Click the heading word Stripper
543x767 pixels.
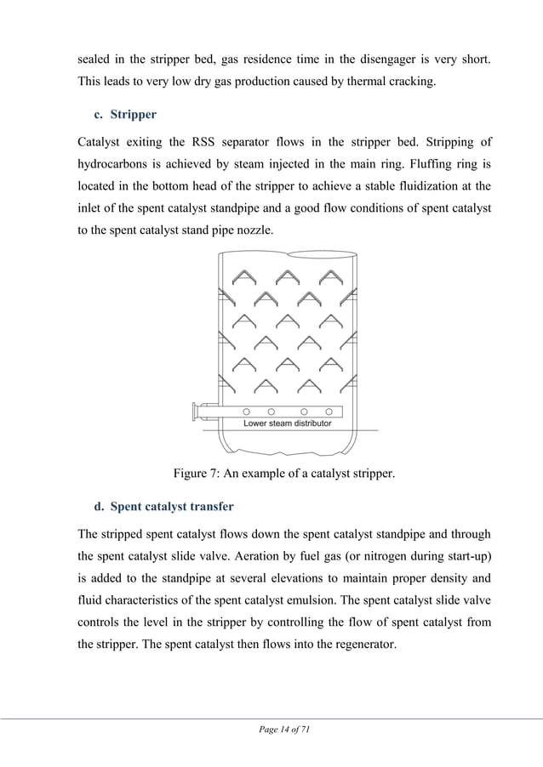[134, 114]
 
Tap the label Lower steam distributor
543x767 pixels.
[288, 423]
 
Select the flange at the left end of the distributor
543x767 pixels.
[197, 413]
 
